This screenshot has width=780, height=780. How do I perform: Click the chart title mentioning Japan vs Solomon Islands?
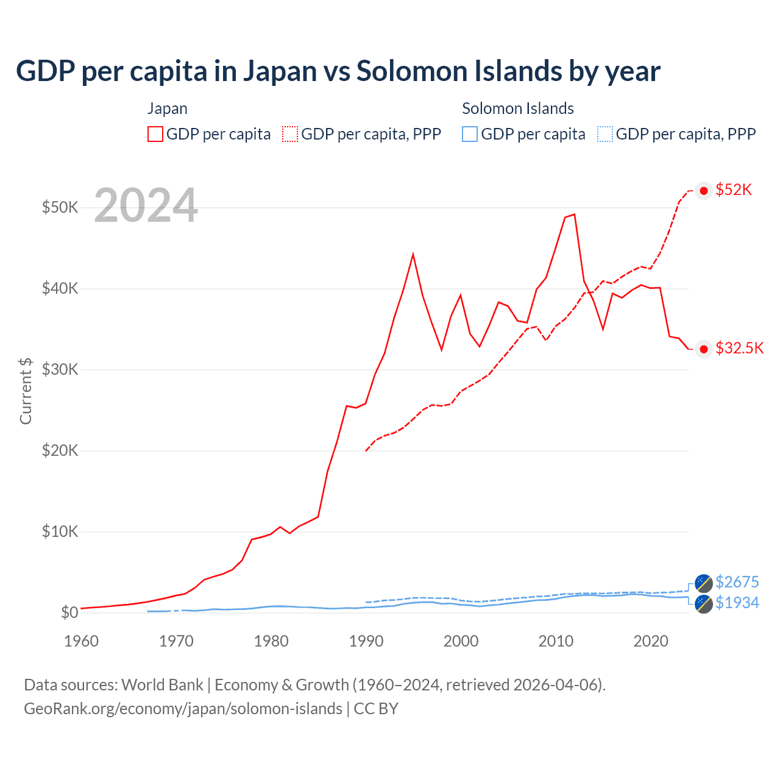(338, 71)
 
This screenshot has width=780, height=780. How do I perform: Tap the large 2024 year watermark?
(146, 205)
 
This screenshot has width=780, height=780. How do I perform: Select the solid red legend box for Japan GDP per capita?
(155, 134)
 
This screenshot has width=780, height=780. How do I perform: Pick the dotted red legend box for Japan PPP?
(290, 134)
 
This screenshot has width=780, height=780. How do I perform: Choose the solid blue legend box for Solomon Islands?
(470, 134)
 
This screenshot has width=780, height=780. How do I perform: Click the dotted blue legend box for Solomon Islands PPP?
(605, 134)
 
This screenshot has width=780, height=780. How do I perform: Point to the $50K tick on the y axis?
(60, 207)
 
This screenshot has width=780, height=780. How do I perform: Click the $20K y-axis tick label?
(60, 450)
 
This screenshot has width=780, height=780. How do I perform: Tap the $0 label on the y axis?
(69, 612)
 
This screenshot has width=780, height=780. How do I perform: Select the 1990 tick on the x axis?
(366, 641)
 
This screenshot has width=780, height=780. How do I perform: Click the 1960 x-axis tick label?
(81, 641)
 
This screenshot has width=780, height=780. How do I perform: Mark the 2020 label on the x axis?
(651, 641)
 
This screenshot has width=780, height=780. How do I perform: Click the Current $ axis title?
(26, 391)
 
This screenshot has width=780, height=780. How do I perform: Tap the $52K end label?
(734, 190)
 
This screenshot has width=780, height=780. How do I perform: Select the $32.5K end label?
(739, 348)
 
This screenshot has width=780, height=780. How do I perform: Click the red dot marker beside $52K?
(704, 191)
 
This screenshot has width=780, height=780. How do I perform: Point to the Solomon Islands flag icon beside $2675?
(704, 583)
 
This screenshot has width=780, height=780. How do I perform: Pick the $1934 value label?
(737, 603)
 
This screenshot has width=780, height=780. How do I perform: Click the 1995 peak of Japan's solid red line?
(413, 253)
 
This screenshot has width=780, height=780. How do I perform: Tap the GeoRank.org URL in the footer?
(183, 709)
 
